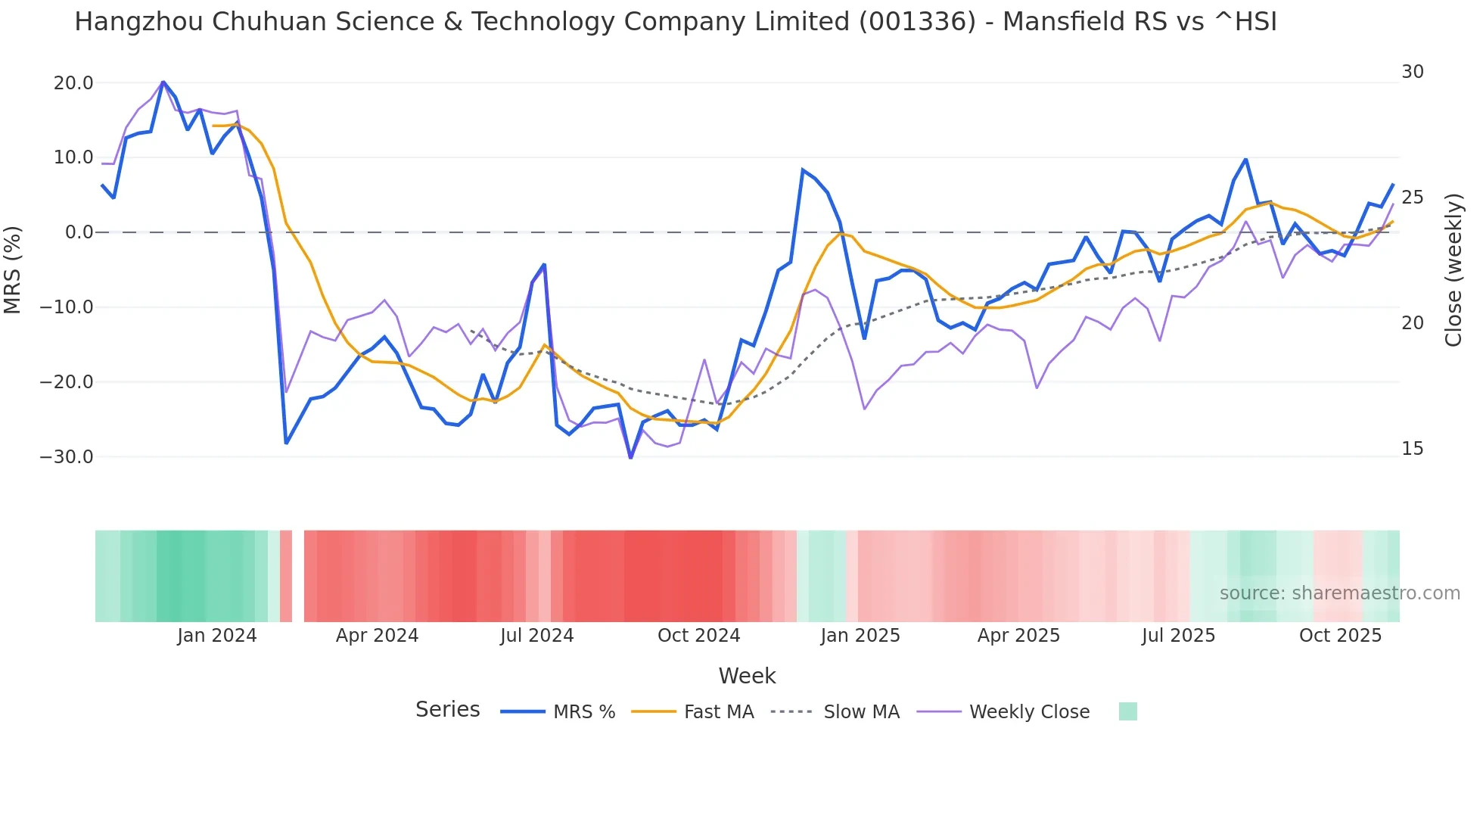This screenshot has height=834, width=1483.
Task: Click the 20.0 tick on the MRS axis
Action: [73, 83]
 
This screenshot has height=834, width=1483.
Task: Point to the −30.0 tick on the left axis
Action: [67, 457]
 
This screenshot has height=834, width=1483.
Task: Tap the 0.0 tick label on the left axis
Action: [79, 232]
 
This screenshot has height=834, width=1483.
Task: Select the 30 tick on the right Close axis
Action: [1412, 72]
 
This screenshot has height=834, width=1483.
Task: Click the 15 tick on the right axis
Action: [1412, 449]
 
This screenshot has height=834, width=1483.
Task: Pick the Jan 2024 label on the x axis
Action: [217, 636]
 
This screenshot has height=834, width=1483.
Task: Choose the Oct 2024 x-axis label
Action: [698, 636]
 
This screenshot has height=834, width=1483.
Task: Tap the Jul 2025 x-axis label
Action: [1178, 636]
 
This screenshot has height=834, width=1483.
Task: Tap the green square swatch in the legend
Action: [1127, 711]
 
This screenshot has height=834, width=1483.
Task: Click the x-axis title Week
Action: [747, 676]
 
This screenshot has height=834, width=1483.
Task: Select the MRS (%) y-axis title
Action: [13, 269]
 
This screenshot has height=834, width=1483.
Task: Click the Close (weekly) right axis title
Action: [1453, 269]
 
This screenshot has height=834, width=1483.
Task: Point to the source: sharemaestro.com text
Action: [1339, 593]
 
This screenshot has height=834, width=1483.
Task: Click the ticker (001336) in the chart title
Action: [917, 22]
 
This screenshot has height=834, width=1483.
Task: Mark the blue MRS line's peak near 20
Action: [163, 82]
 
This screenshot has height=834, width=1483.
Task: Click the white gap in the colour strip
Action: [298, 576]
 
